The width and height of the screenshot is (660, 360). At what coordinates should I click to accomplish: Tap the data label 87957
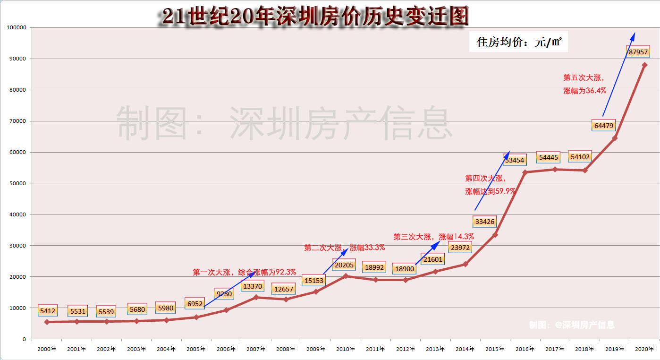pos(638,51)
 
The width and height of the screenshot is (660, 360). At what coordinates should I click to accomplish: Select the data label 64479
pos(603,125)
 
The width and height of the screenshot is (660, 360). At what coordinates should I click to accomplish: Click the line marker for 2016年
pos(525,172)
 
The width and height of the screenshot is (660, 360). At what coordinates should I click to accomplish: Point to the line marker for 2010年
pos(345,276)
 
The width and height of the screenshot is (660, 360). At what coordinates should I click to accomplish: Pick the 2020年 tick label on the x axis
pos(644,349)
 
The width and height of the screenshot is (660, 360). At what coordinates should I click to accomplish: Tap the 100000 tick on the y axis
pos(17,27)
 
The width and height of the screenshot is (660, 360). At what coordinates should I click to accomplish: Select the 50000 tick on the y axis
pos(18,183)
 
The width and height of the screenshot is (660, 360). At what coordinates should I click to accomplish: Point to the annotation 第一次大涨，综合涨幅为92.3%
pos(244,272)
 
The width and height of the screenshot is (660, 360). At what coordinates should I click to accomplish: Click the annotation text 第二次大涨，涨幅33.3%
pos(344,248)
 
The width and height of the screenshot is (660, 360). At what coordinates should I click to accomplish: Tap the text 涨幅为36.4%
pos(584,91)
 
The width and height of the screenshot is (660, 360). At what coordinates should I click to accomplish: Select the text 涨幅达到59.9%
pos(490,191)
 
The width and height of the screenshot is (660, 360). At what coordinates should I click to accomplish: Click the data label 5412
pos(48,311)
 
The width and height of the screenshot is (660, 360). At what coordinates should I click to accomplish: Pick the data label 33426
pos(484,222)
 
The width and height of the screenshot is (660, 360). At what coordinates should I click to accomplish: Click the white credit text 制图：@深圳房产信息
pos(572,325)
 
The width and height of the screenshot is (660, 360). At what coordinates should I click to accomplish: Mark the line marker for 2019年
pos(614,138)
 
